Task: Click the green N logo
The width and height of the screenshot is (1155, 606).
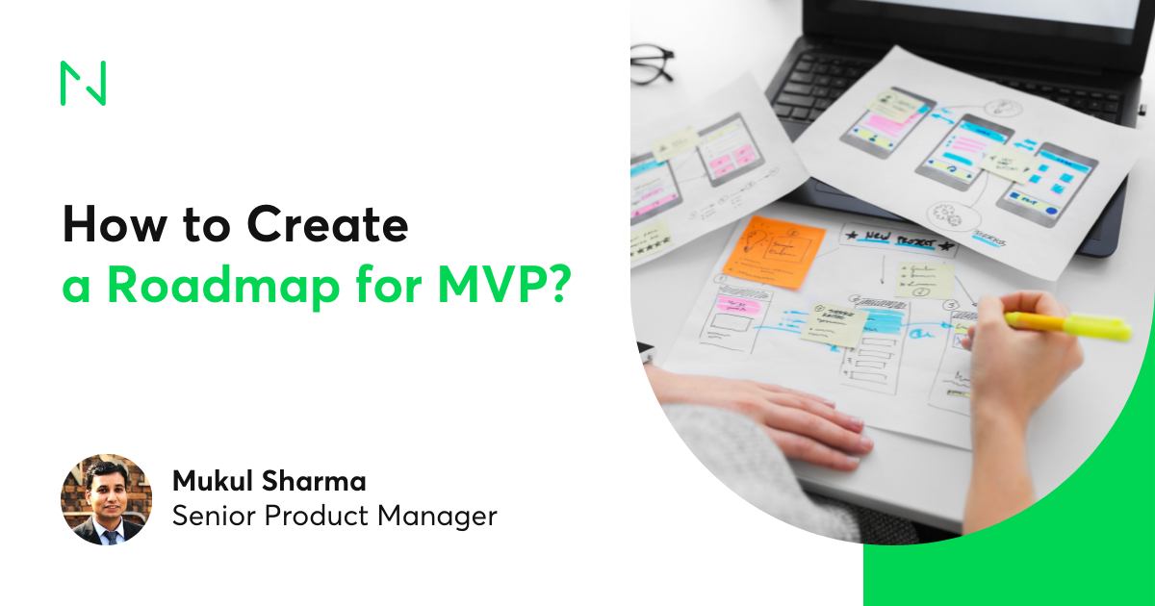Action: click(83, 83)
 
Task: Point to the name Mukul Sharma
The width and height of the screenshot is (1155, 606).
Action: click(269, 481)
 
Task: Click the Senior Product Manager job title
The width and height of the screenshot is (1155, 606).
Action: click(334, 517)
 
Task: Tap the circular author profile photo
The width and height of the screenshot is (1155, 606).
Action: click(106, 499)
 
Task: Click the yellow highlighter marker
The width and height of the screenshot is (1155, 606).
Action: click(1068, 324)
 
